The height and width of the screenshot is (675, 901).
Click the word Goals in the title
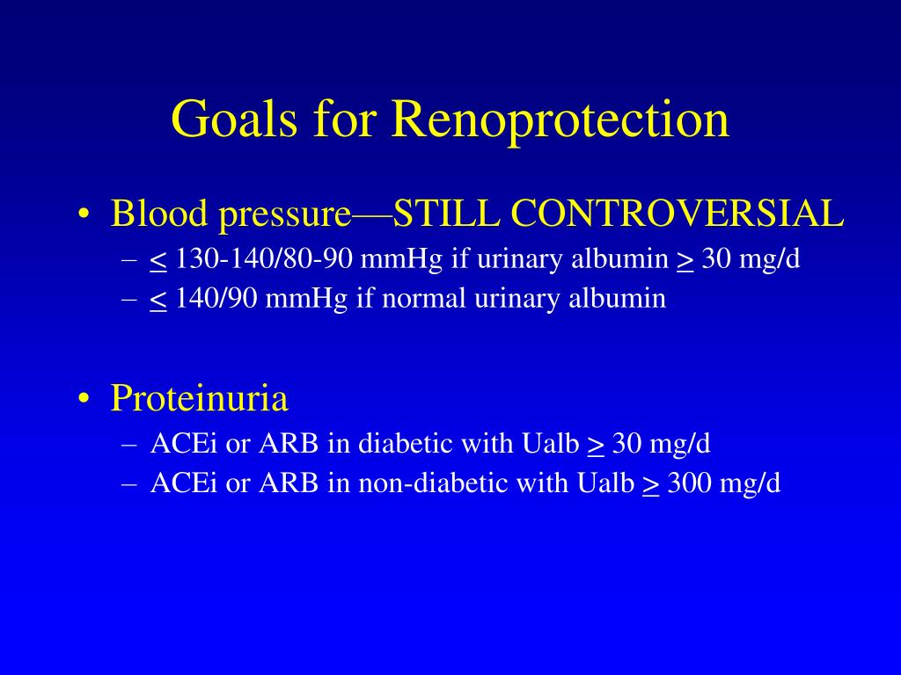[x=234, y=120]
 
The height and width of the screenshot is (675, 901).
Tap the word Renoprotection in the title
[x=560, y=119]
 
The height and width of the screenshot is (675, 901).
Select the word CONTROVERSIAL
[x=677, y=214]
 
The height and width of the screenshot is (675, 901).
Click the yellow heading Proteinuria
[x=199, y=397]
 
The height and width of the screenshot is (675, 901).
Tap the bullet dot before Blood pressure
[x=84, y=214]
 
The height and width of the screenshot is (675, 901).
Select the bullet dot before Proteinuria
[x=84, y=398]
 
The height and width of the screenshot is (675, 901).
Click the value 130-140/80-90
[x=264, y=259]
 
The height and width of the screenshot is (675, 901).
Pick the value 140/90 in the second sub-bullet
[x=216, y=299]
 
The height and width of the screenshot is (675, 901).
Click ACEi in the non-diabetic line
[x=184, y=483]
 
